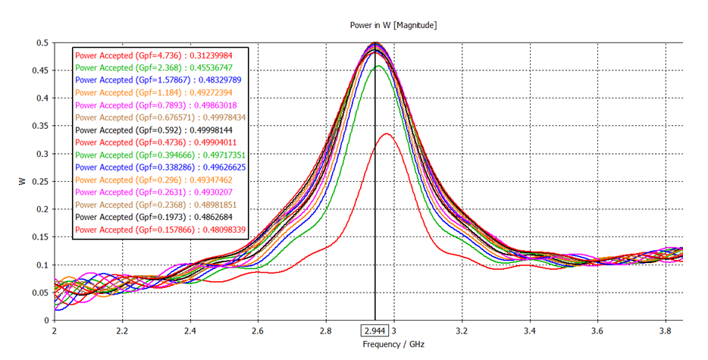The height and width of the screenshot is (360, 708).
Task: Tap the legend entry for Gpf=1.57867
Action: pos(158,80)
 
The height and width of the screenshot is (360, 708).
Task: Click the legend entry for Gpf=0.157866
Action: pos(160,229)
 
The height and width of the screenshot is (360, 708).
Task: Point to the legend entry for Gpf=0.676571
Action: pos(160,117)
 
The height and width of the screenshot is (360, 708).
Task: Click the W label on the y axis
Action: pos(23,182)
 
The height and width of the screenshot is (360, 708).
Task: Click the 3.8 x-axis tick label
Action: pos(664,331)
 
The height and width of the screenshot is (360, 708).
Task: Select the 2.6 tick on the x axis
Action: pos(257,331)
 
